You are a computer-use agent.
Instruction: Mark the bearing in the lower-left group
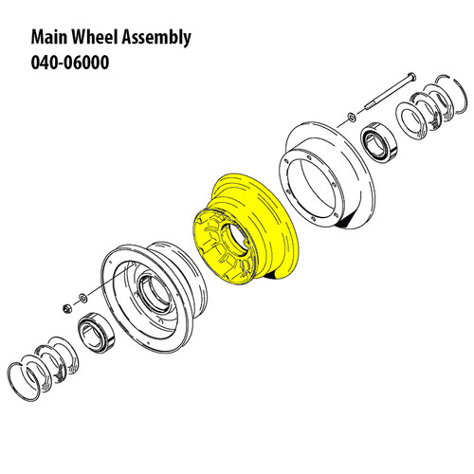pos(98,331)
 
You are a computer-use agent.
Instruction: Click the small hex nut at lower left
pos(67,307)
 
